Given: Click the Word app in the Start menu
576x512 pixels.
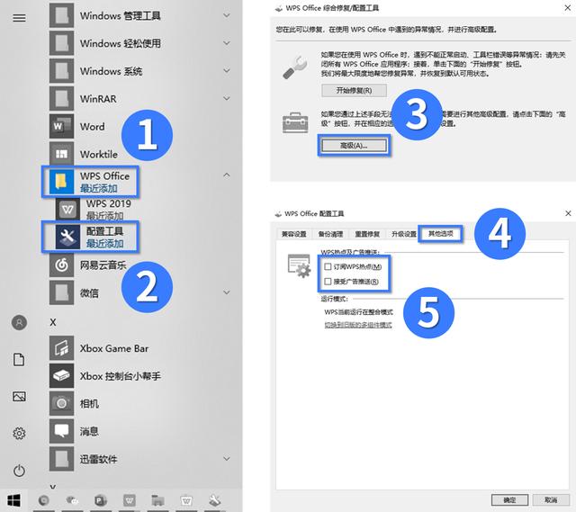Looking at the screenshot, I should point(92,127).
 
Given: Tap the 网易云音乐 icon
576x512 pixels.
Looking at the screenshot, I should point(61,265).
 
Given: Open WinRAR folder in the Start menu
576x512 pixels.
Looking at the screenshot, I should point(97,99).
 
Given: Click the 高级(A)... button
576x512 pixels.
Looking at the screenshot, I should point(354,145).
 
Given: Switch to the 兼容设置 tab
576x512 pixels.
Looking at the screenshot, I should point(293,234).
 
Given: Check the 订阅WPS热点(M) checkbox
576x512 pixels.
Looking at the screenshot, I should point(328,267).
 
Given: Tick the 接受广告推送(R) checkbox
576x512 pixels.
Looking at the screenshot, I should point(328,282).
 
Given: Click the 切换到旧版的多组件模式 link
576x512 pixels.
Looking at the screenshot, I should point(358,325).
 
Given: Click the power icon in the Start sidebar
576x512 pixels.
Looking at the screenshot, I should point(19,471).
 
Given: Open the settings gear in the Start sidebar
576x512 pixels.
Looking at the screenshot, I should point(19,434).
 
